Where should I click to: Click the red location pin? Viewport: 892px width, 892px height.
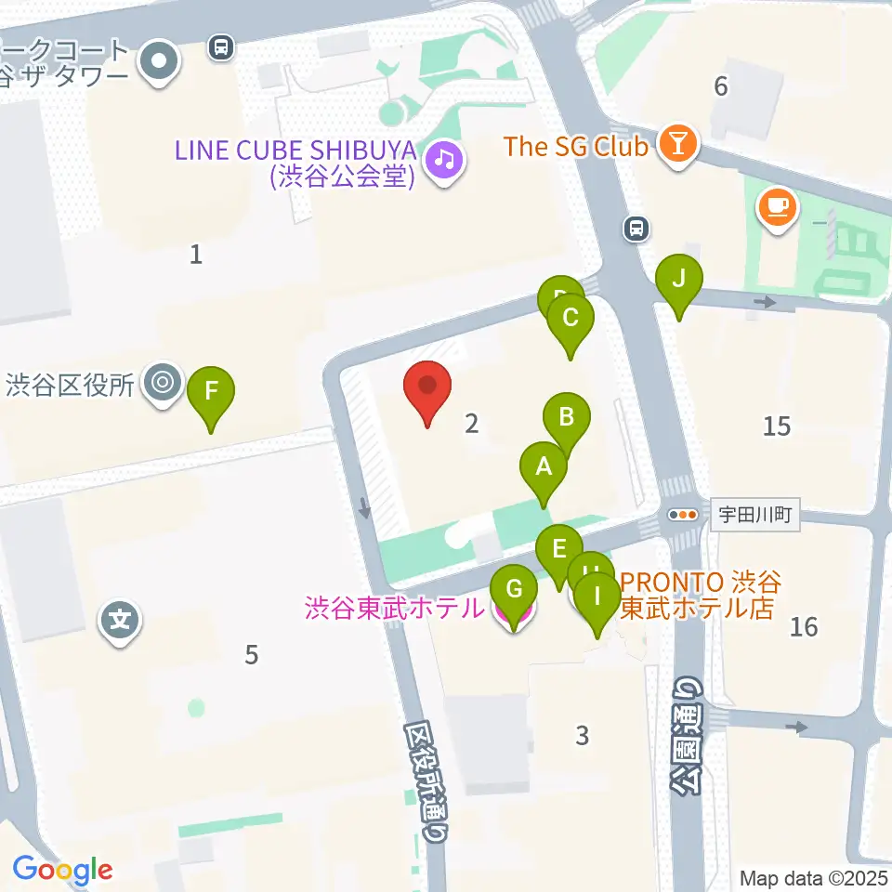(x=427, y=388)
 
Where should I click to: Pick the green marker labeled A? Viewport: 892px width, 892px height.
(x=544, y=468)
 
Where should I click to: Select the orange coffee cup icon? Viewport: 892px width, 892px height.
(x=777, y=206)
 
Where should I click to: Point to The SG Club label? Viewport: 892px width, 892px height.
(x=575, y=146)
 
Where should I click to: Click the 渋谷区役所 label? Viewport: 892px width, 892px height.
(x=71, y=384)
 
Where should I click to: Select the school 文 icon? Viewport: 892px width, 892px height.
(x=120, y=615)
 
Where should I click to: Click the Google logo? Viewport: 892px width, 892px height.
(x=62, y=870)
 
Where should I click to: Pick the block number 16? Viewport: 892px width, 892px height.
(x=804, y=626)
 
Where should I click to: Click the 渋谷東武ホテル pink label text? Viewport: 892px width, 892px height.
(x=394, y=609)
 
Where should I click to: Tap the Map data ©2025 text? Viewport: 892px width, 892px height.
(x=812, y=878)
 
